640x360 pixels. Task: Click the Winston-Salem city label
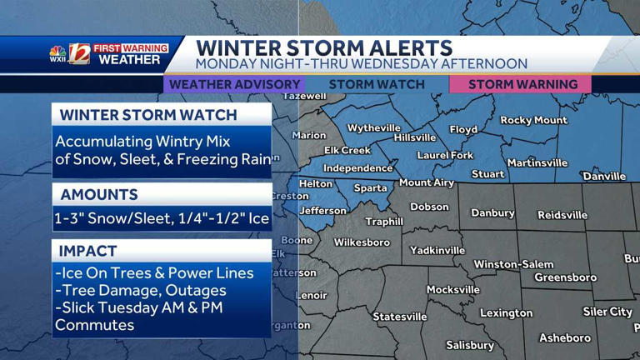point(513,265)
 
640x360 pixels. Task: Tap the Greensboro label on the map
point(565,277)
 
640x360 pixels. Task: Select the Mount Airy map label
point(427,182)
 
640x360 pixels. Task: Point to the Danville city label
point(604,177)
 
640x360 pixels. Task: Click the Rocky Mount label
point(533,121)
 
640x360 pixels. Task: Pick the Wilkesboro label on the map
point(362,242)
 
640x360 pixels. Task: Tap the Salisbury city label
point(470,345)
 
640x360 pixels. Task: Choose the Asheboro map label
point(565,338)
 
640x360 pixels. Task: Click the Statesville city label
point(400,317)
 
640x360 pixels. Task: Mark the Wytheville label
point(373,128)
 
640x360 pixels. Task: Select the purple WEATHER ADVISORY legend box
point(234,84)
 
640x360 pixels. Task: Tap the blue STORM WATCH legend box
point(377,84)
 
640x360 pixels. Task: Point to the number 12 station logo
point(79,53)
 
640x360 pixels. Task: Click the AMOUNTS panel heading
point(99,195)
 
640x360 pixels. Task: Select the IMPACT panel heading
point(88,251)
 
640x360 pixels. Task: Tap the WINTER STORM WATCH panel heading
point(148,115)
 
